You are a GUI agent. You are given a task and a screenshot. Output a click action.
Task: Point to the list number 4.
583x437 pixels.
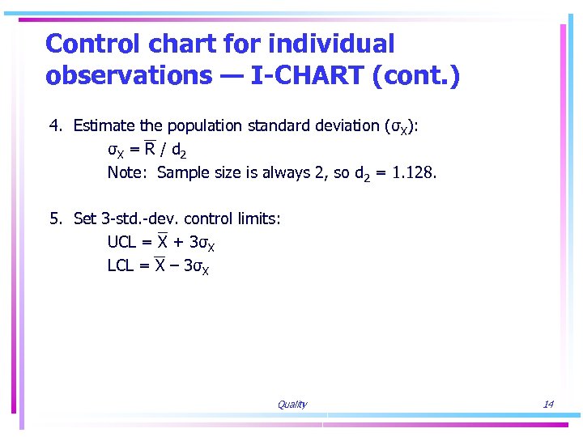tap(54, 126)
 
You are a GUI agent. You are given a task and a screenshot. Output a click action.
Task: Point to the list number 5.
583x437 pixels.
tap(54, 219)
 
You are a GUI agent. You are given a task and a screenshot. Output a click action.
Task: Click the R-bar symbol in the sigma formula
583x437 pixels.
tap(150, 149)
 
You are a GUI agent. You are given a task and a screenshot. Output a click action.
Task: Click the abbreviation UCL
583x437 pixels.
tap(121, 242)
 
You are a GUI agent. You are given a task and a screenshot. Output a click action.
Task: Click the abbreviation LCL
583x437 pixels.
tap(121, 265)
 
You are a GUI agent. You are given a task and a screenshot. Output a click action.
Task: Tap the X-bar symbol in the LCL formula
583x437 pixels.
tap(162, 265)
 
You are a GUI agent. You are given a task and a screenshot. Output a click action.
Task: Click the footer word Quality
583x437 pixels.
tap(291, 405)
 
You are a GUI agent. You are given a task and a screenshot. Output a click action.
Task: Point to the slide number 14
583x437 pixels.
tap(548, 405)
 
